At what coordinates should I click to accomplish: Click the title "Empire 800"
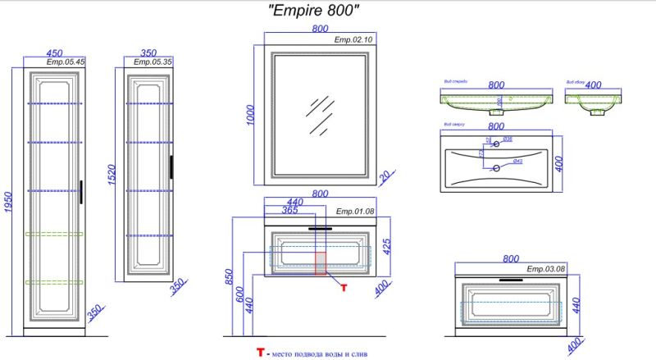coord(315,11)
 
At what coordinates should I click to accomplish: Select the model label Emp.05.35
coord(152,62)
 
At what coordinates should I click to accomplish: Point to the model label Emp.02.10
coord(353,39)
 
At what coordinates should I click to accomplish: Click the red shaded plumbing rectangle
coord(321,264)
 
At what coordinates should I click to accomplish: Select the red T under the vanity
coord(344,287)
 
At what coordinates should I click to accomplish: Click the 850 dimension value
coord(230,283)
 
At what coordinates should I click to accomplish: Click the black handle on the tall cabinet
coord(81,190)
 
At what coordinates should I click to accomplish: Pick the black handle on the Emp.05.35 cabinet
coord(171,166)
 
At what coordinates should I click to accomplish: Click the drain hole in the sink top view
coord(494,168)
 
